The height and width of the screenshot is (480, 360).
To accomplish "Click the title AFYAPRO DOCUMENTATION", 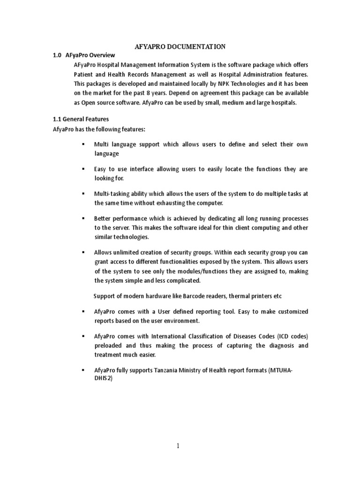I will [180, 46].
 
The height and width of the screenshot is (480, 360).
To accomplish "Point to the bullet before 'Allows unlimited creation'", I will [83, 252].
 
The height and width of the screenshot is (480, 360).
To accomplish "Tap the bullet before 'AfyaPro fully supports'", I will [83, 371].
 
